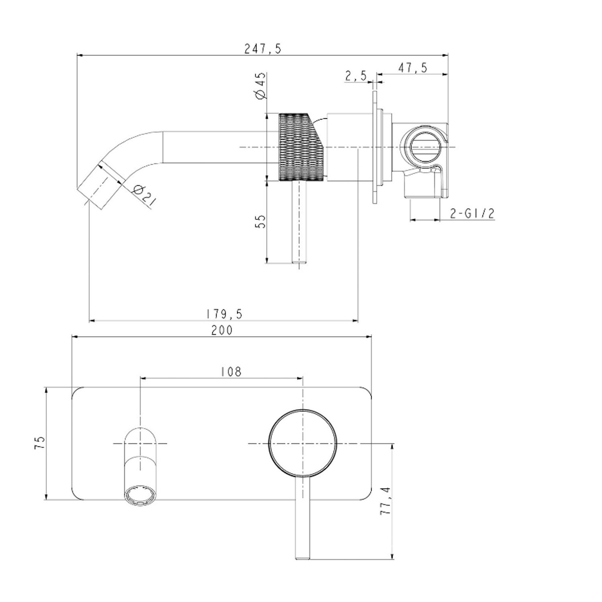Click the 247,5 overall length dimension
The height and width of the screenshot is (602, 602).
click(x=263, y=49)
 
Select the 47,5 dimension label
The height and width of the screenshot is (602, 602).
click(x=412, y=67)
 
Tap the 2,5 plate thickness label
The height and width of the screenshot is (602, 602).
click(x=355, y=75)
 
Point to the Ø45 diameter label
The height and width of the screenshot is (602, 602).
click(x=260, y=85)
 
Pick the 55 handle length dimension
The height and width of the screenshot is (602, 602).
click(x=260, y=222)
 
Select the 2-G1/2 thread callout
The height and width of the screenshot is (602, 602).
click(x=472, y=213)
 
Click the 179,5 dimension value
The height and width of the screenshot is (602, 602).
click(x=224, y=313)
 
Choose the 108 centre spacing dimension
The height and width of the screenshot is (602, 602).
click(x=232, y=372)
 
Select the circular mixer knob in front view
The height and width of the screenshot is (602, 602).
click(x=302, y=443)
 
